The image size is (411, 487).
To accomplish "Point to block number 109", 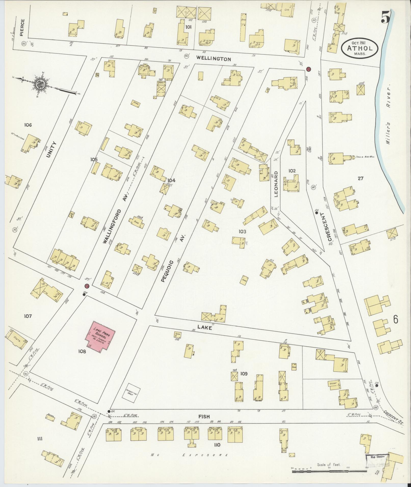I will (244, 374).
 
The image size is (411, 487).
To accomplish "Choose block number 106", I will (28, 125).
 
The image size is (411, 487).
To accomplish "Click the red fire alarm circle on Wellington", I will (309, 69).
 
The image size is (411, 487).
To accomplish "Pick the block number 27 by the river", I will (360, 178).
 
